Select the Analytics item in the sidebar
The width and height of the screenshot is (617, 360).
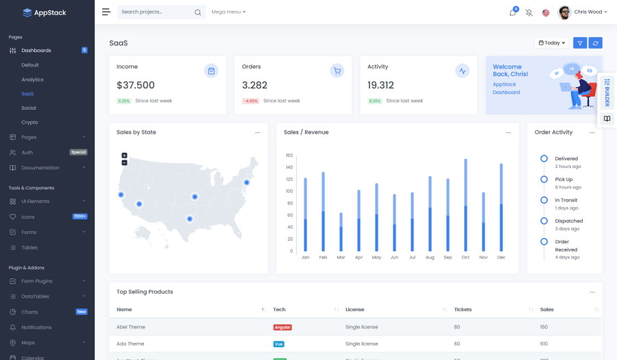32,80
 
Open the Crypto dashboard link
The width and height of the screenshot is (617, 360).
29,122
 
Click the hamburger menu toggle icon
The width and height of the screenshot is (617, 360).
106,12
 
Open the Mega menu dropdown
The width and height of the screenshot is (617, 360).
228,12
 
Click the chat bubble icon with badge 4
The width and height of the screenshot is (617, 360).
512,12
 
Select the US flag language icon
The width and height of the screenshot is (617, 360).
546,12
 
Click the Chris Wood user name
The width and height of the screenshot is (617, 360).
588,12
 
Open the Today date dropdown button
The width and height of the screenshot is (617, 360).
552,43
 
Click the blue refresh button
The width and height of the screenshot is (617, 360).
596,43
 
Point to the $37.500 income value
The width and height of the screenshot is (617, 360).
136,86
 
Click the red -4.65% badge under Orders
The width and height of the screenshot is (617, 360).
250,101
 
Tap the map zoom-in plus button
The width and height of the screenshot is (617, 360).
124,156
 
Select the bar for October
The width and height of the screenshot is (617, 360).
465,206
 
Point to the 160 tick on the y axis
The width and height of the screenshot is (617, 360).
289,155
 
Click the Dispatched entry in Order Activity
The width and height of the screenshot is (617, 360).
568,221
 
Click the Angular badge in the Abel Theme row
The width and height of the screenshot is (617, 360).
282,327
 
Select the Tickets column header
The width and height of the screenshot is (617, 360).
463,309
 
